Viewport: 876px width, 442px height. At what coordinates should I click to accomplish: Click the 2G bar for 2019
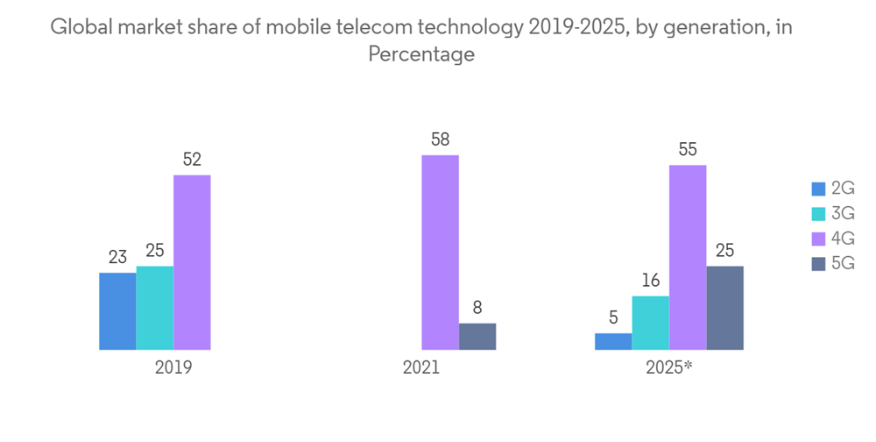click(117, 311)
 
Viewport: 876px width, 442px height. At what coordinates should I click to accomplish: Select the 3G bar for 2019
click(155, 308)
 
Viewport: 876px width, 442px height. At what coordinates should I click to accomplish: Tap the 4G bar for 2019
click(192, 262)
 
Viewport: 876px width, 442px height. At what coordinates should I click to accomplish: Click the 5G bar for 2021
click(477, 337)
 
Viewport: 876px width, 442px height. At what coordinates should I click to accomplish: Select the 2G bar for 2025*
click(613, 341)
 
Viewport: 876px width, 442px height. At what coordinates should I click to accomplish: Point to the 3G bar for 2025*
click(650, 323)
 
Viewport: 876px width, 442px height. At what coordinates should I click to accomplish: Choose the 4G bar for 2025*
click(688, 257)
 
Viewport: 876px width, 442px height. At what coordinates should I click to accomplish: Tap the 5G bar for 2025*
click(724, 308)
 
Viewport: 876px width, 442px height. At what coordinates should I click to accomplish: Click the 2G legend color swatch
click(819, 189)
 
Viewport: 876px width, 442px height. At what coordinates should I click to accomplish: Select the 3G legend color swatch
click(819, 213)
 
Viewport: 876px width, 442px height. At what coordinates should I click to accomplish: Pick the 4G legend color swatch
click(819, 239)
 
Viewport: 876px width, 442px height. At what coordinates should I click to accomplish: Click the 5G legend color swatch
click(819, 263)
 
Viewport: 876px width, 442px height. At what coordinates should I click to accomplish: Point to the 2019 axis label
click(173, 367)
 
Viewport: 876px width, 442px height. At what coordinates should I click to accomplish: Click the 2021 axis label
click(421, 367)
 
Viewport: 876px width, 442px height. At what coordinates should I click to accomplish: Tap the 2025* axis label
click(669, 367)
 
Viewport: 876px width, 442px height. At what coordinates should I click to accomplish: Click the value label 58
click(440, 139)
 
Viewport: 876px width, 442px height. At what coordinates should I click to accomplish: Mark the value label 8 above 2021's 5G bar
click(477, 307)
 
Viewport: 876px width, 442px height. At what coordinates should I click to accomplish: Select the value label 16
click(650, 281)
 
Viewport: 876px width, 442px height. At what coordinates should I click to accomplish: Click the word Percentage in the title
click(421, 54)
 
